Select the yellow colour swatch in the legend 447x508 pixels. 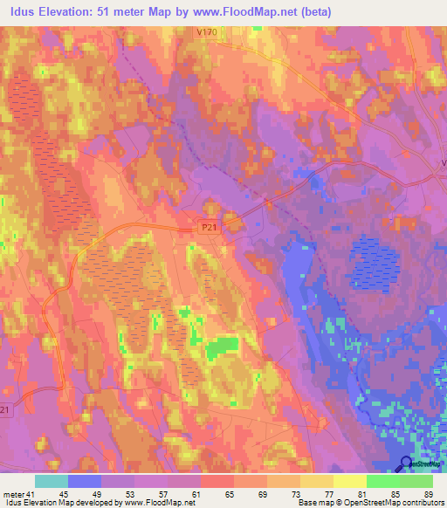click(x=350, y=481)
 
